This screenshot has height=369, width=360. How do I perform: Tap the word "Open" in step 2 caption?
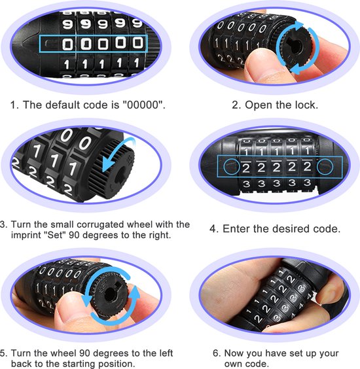pos(259,105)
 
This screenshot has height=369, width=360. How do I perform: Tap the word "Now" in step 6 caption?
pos(234,353)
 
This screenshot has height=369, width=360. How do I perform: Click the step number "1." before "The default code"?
pos(14,105)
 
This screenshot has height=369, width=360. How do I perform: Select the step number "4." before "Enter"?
pos(214,229)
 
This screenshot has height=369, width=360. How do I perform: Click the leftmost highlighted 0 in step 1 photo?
pos(67,44)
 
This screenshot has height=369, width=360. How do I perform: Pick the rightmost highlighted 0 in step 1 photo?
pos(137,43)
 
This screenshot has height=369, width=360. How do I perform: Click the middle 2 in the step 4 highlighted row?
pos(276,167)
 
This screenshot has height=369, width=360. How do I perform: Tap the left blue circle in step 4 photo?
pos(231,167)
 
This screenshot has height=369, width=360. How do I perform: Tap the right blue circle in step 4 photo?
pos(325,167)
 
